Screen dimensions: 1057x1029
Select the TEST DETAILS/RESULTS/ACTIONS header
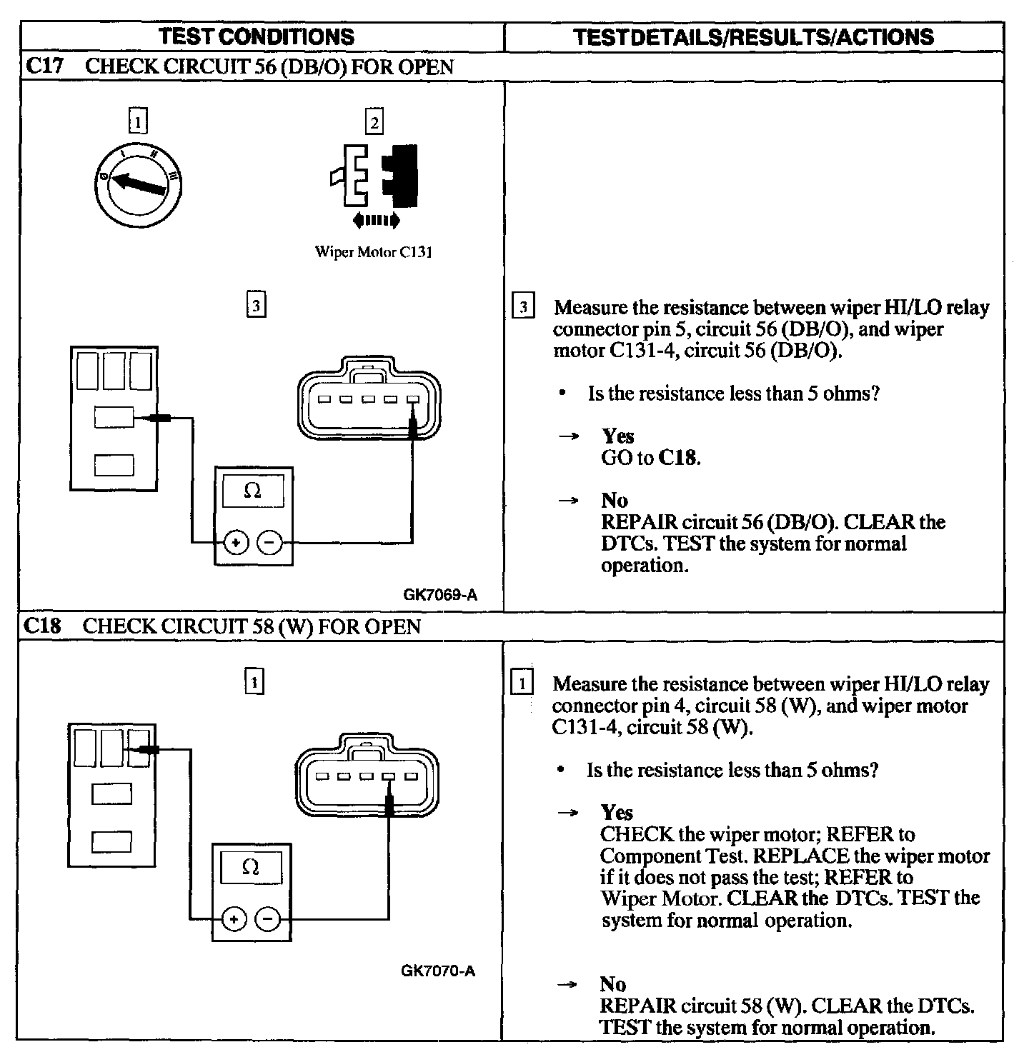753,36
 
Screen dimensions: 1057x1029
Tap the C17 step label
44,66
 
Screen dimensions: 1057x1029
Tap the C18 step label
43,626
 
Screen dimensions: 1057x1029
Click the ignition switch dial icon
139,181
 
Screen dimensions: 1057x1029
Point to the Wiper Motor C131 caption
374,252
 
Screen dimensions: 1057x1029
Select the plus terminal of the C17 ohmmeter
237,543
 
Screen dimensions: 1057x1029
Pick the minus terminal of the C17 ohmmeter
269,543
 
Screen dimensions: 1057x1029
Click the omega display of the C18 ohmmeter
251,868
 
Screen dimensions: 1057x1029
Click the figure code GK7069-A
439,594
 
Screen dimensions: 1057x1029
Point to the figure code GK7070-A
438,971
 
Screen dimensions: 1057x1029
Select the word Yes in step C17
617,436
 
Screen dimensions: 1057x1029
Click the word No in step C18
613,984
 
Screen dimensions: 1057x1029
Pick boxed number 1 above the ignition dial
138,121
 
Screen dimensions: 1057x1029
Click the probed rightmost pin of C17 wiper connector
412,400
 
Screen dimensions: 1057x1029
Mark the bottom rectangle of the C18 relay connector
111,841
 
